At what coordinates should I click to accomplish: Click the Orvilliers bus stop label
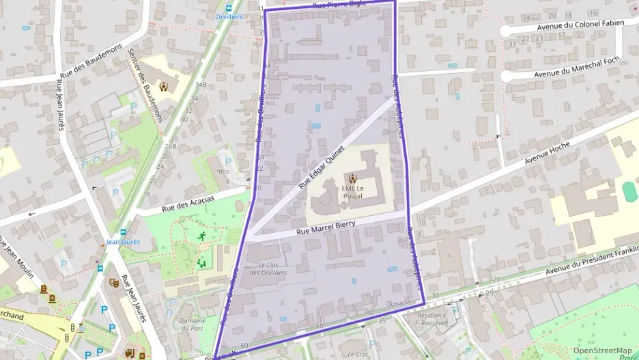pyautogui.click(x=229, y=16)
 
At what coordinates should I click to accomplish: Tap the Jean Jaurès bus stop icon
pyautogui.click(x=124, y=232)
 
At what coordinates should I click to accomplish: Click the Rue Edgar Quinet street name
pyautogui.click(x=322, y=167)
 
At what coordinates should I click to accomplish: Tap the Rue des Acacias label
pyautogui.click(x=188, y=203)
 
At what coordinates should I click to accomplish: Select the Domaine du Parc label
pyautogui.click(x=192, y=324)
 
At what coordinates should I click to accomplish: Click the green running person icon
pyautogui.click(x=202, y=236)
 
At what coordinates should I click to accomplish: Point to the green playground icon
pyautogui.click(x=201, y=262)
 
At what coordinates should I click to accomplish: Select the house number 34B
pyautogui.click(x=200, y=85)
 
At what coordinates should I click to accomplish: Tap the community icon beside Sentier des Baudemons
pyautogui.click(x=163, y=87)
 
